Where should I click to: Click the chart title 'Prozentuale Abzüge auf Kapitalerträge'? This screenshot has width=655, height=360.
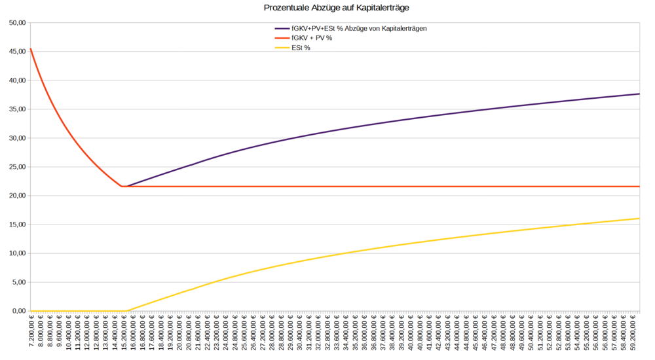(x=327, y=8)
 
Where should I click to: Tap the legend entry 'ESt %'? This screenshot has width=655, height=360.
(x=301, y=47)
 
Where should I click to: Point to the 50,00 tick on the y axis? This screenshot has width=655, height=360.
(x=16, y=23)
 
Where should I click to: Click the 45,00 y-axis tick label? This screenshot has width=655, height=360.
(x=16, y=52)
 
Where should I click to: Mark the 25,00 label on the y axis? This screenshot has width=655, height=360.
(x=16, y=167)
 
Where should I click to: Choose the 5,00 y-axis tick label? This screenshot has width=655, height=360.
(x=18, y=282)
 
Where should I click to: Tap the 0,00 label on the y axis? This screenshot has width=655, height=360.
(x=18, y=311)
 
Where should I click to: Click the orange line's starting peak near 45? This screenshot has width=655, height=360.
(x=31, y=49)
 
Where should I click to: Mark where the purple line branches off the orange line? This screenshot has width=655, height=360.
(x=126, y=187)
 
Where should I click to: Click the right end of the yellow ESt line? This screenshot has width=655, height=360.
(x=639, y=219)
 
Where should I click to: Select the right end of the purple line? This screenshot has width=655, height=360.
(x=639, y=94)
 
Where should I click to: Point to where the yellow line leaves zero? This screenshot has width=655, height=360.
(x=126, y=311)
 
